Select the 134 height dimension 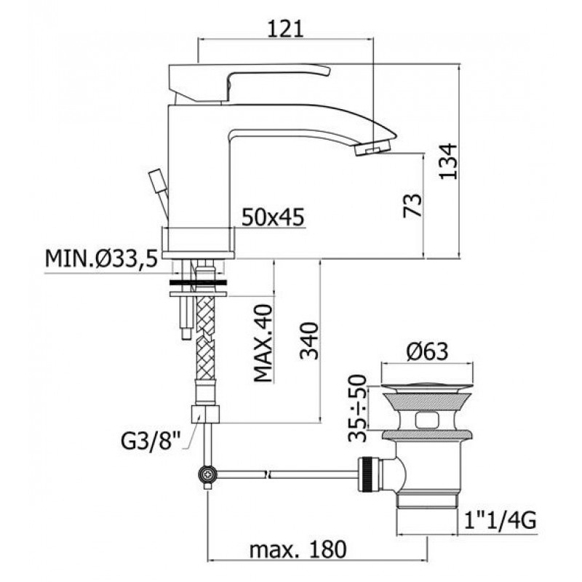pos(448,162)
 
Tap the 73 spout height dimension pos(413,205)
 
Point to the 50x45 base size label pos(273,217)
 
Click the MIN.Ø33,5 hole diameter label pos(101,258)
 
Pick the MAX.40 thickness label pos(263,343)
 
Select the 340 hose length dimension pos(309,341)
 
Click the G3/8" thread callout pos(151,442)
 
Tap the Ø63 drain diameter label pos(427,351)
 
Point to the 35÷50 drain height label pos(357,408)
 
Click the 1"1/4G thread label pos(500,521)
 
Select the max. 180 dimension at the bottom pos(298,549)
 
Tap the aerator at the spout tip pos(372,149)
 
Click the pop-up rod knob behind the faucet pos(157,181)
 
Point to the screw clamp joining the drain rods pos(207,474)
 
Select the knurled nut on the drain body pos(368,475)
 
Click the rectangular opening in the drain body pos(428,420)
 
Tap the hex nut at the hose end pos(205,415)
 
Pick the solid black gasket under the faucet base pos(198,282)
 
